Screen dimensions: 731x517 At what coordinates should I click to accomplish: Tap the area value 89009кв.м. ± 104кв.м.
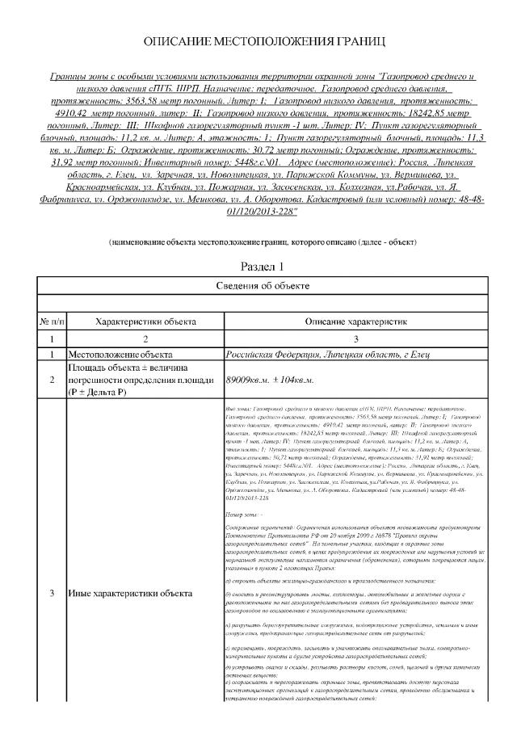(x=280, y=380)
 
